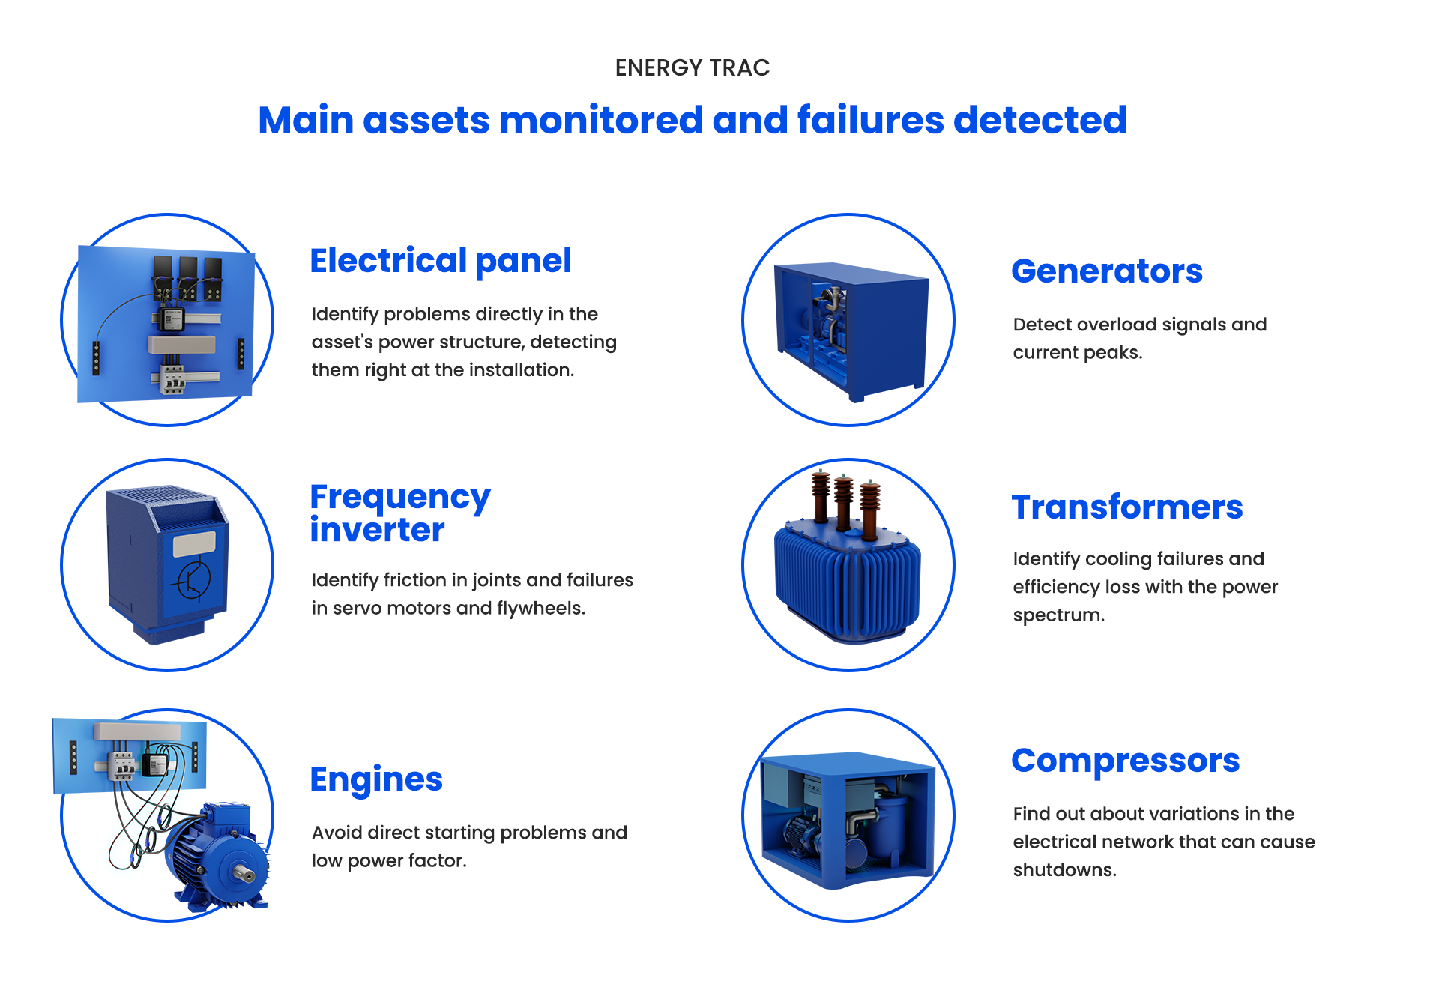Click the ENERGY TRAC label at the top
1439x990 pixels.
692,68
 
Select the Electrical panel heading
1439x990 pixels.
441,261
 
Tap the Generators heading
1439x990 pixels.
1106,271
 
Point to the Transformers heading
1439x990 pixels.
1126,507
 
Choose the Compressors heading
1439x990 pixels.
1125,761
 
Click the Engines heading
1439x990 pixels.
376,779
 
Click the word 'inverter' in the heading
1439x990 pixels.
377,531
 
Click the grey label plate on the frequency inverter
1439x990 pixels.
194,543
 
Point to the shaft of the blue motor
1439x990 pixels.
243,873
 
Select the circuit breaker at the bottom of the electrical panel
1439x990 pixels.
172,379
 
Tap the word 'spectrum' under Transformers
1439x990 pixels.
1058,615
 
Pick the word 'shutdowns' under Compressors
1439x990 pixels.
1064,870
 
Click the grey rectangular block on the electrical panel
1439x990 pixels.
182,344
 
